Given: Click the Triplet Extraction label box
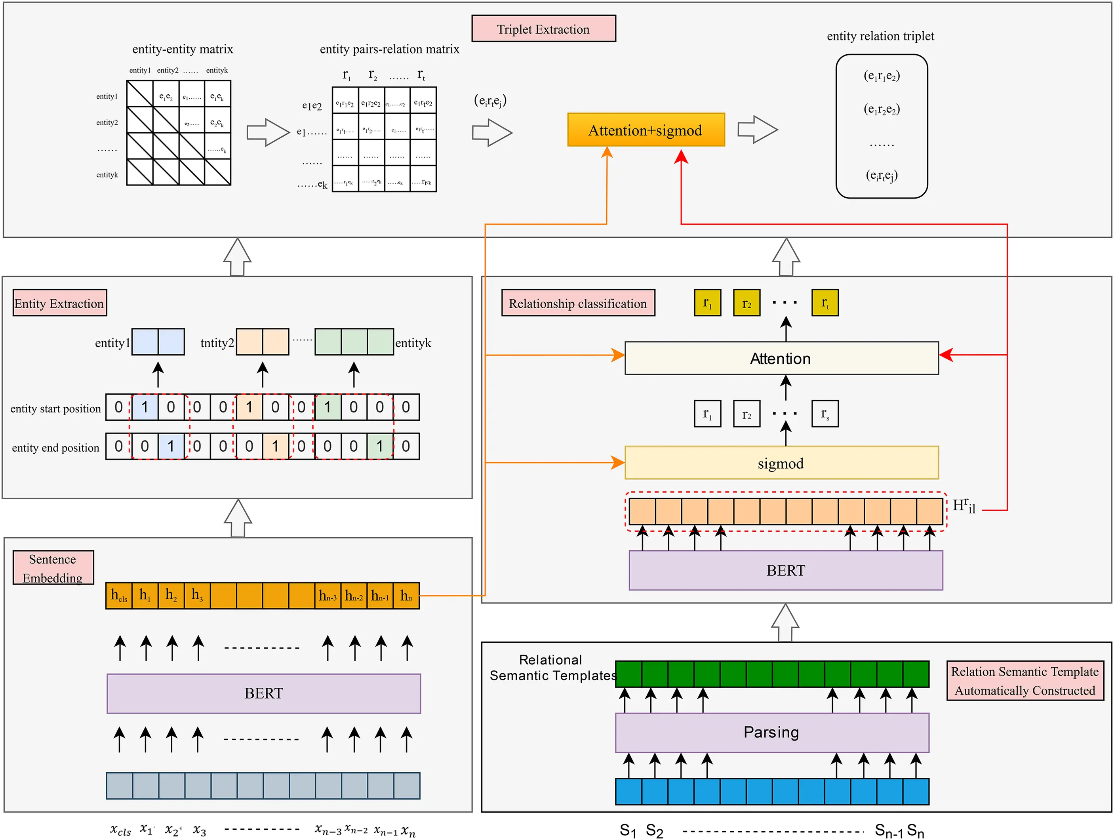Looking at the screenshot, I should coord(543,29).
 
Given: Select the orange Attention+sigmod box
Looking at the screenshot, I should coord(646,130).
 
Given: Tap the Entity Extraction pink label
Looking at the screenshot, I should coord(59,303).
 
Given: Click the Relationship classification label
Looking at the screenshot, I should coord(578,303).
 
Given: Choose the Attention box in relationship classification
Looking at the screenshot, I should coord(781,358).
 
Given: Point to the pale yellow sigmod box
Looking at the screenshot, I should coord(781,462).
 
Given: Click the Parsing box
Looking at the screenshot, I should coord(771,732).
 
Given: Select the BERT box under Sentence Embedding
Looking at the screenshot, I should coord(263,693).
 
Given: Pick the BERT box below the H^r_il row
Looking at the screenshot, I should coord(786,570).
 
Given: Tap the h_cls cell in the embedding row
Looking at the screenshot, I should coord(119,596).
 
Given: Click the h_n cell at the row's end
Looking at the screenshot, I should coord(406,596).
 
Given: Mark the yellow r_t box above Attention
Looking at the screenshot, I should coord(825,303).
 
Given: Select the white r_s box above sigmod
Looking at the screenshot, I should coord(825,414).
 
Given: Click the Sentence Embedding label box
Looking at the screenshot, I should coord(53,567).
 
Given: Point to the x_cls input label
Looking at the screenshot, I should coord(120,829).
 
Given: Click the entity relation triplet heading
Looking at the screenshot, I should coord(880,36).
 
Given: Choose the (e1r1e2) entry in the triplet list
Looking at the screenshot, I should coord(881,76).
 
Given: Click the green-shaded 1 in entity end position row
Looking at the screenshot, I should coord(380,446).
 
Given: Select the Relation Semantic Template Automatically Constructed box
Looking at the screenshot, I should coord(1025,680).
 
